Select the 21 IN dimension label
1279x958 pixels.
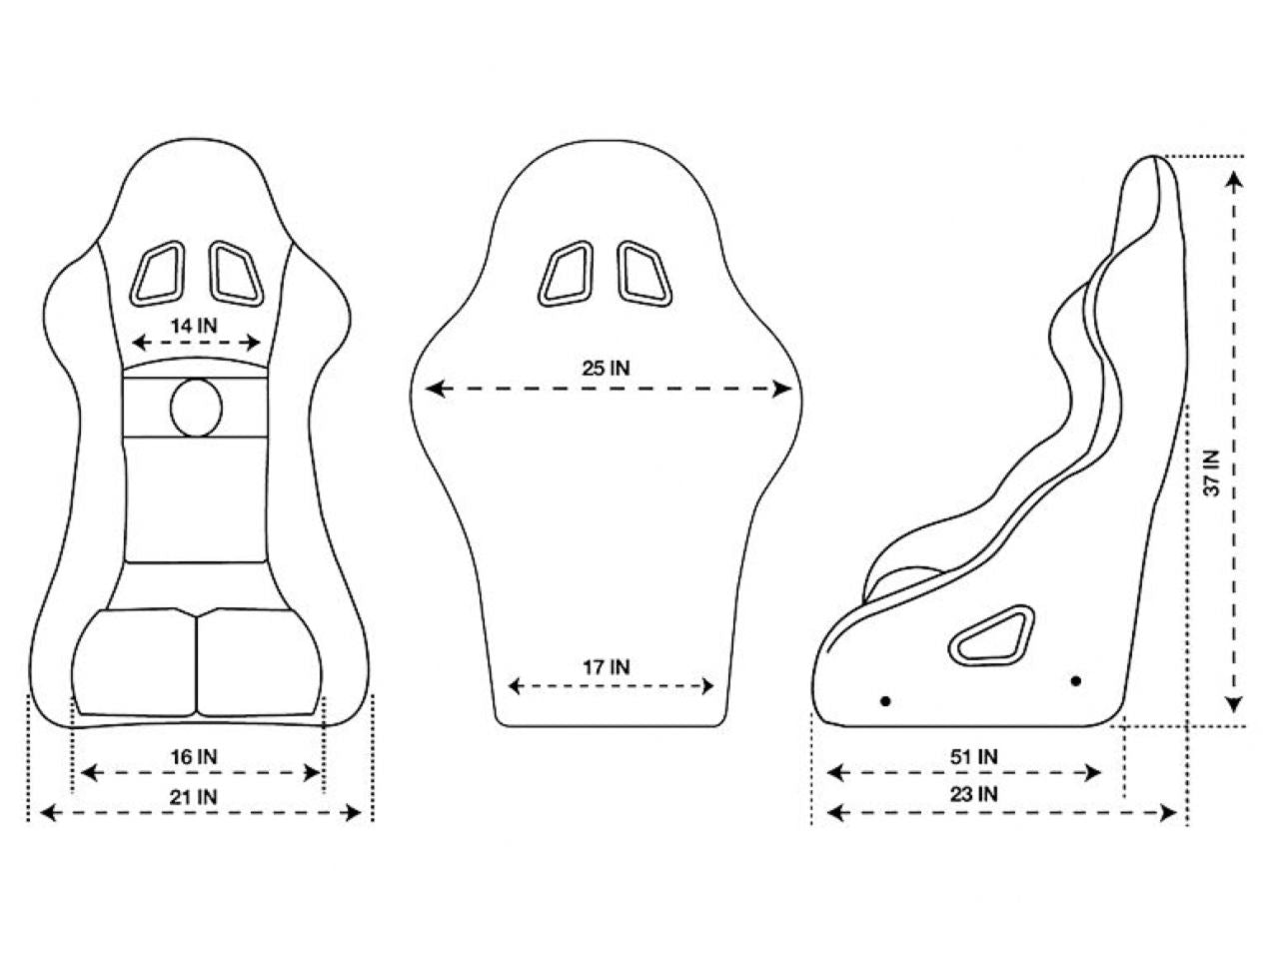196,796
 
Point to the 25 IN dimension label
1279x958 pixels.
607,368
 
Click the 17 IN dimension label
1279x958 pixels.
607,667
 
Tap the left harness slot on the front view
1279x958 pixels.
158,271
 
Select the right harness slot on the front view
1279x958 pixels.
234,271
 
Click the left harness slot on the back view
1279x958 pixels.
566,271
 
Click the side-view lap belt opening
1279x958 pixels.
990,635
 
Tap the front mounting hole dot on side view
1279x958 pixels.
885,700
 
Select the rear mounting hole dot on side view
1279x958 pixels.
1075,681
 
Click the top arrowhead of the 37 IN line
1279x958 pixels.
1235,178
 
